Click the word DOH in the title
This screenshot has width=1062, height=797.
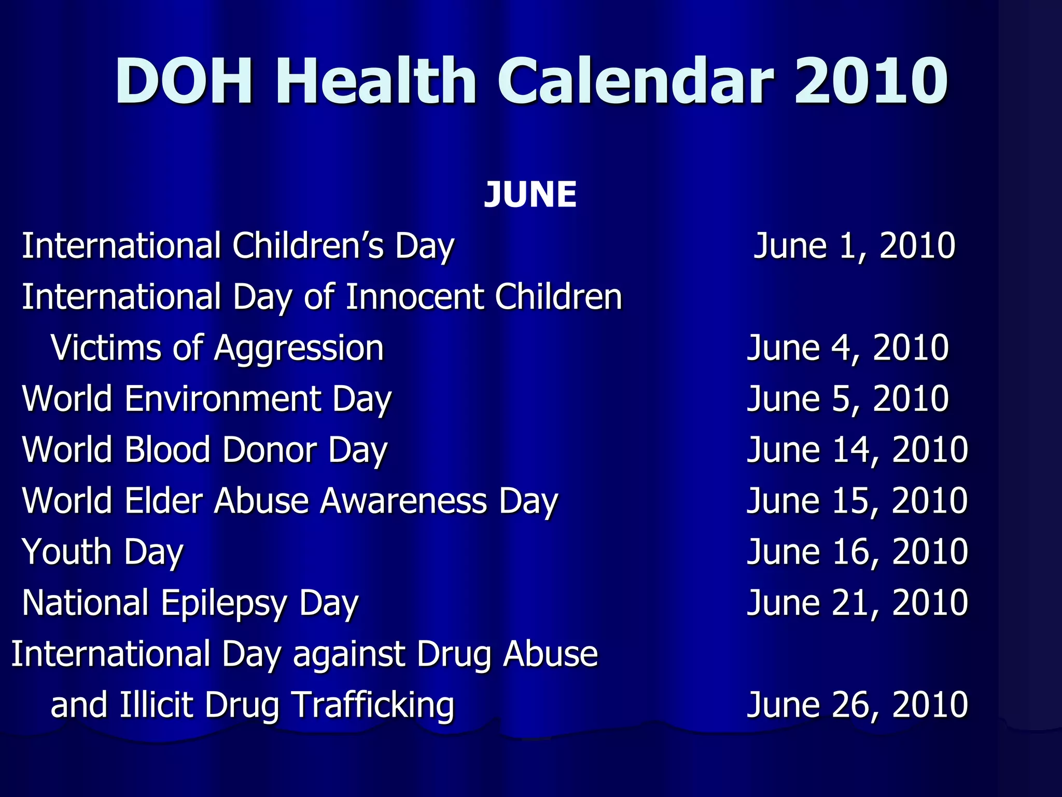tap(184, 81)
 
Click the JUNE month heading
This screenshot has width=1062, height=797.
tap(530, 195)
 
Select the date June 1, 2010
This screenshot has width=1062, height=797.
tap(854, 245)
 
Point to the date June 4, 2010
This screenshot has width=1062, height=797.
tap(848, 348)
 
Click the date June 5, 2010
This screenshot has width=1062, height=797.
tap(848, 398)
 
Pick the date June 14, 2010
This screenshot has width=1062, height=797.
tap(857, 449)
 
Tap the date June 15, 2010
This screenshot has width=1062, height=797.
tap(857, 501)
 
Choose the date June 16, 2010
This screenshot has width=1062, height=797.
tap(857, 552)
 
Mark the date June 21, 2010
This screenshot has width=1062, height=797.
tap(857, 602)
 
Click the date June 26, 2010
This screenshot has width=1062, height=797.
tap(857, 705)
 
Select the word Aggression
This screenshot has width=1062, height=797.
tap(299, 349)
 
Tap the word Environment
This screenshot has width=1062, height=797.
tap(223, 398)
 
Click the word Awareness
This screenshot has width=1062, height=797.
tap(403, 501)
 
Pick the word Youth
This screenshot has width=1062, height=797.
tap(67, 552)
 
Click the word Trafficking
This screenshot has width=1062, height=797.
tap(373, 705)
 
